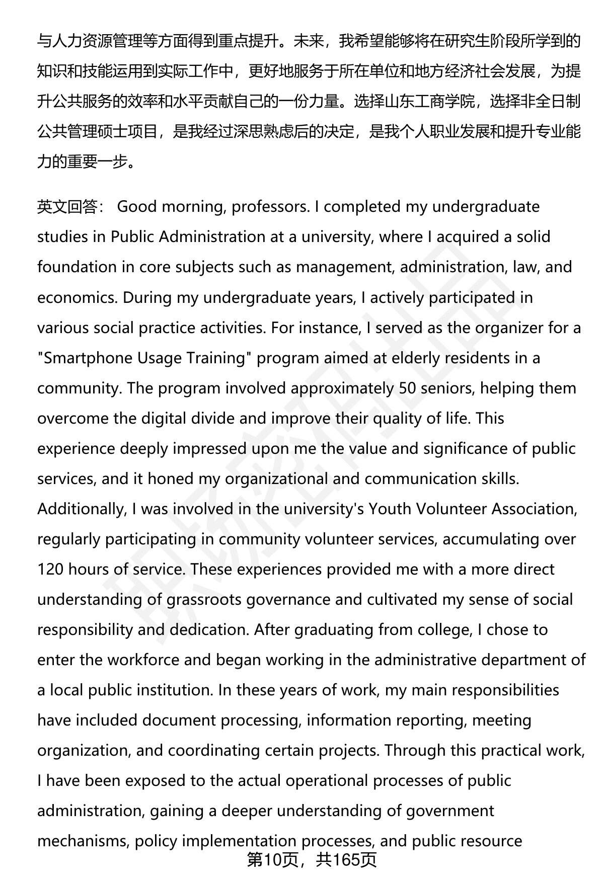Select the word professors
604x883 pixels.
click(270, 207)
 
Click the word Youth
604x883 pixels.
click(389, 509)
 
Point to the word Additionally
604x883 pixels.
click(80, 509)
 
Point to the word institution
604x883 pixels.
click(176, 690)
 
